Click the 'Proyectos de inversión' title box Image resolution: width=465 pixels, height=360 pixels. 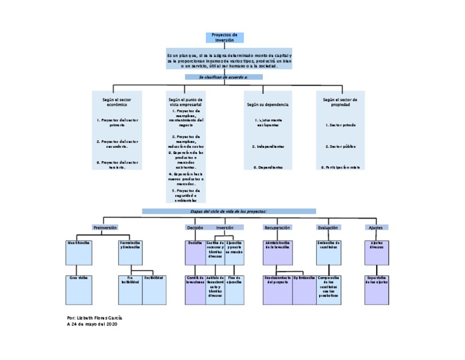click(224, 38)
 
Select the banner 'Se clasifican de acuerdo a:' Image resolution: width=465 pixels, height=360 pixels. click(223, 78)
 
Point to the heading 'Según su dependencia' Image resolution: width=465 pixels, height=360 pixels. click(268, 104)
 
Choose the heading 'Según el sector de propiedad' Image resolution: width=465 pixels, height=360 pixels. click(340, 102)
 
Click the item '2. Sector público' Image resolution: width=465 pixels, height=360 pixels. click(340, 147)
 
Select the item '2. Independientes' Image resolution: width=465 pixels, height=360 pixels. click(268, 147)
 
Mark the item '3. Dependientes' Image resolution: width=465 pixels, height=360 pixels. click(268, 167)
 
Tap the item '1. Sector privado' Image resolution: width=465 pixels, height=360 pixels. click(340, 125)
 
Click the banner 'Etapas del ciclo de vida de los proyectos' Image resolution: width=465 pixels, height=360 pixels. click(229, 211)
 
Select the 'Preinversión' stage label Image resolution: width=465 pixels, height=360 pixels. click(105, 227)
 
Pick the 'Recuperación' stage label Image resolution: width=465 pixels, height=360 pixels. click(277, 227)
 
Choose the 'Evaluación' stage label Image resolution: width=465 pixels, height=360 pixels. click(328, 227)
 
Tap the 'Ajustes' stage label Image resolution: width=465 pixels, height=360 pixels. click(376, 227)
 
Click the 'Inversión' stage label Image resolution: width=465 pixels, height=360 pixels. click(225, 227)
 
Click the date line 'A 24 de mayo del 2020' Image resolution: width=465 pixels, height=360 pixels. click(91, 324)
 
